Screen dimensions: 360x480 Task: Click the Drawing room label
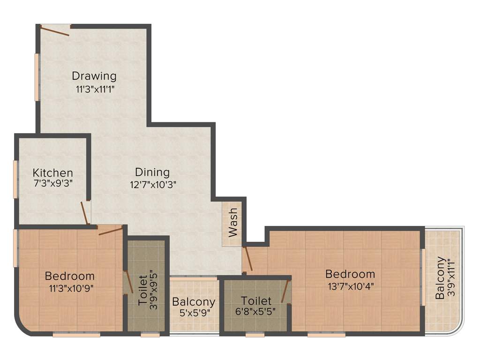click(94, 75)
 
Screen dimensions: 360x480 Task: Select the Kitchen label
click(52, 173)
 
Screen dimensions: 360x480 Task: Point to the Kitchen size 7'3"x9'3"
click(52, 182)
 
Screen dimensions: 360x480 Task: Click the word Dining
click(152, 172)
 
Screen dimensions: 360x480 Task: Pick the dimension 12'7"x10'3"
click(152, 184)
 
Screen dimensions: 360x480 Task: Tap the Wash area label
click(232, 222)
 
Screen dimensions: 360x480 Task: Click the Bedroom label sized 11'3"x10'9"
click(69, 276)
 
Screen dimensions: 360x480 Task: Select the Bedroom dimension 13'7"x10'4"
click(350, 285)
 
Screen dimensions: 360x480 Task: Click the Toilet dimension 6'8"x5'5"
click(256, 311)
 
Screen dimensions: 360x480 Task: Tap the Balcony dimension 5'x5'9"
click(194, 313)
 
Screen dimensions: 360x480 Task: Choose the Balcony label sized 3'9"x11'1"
click(440, 278)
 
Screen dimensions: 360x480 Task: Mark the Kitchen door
click(85, 214)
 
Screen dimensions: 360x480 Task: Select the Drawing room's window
click(37, 77)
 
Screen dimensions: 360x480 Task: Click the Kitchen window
click(15, 179)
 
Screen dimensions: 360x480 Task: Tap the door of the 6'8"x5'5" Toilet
click(285, 291)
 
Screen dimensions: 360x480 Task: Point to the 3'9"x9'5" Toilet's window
click(150, 335)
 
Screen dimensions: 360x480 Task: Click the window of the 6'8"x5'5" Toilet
click(255, 335)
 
